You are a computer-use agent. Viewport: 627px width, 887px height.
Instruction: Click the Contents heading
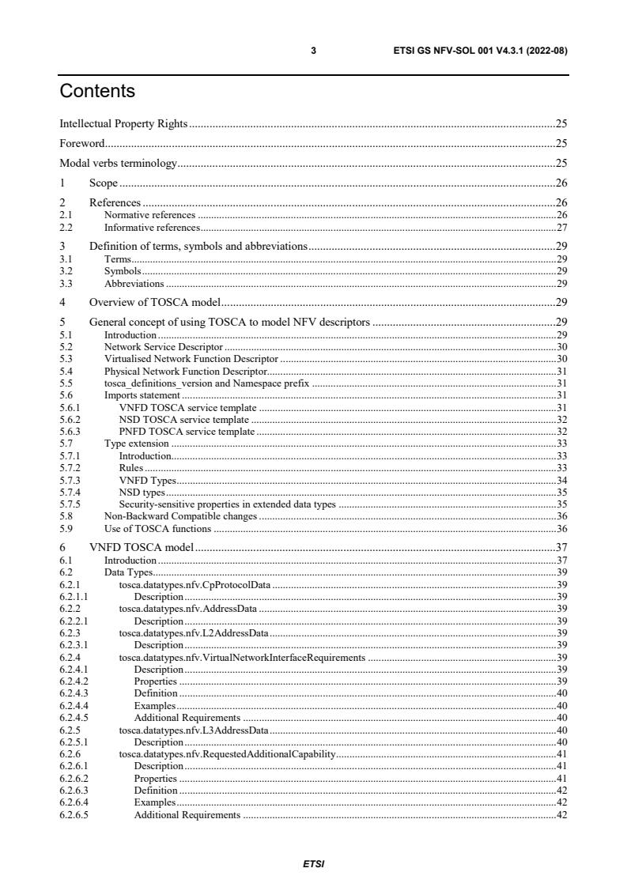[97, 92]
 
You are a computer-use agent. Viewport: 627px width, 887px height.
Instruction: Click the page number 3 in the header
[313, 51]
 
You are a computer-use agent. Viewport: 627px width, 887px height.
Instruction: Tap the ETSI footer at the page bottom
[313, 864]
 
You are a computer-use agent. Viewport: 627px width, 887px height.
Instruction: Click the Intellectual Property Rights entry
[124, 123]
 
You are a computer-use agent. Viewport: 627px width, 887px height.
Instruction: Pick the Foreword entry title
[82, 144]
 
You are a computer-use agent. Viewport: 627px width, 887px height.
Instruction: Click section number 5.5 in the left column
[66, 383]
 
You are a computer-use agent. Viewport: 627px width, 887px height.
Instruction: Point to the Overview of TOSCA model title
[154, 302]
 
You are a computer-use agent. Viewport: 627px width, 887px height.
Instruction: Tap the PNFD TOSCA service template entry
[187, 432]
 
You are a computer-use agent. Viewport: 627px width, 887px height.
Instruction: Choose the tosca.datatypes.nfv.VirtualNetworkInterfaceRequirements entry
[242, 657]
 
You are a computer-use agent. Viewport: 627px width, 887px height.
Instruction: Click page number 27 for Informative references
[561, 228]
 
